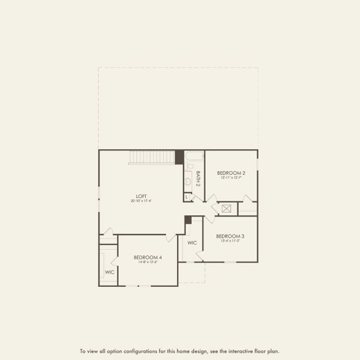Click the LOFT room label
[x=141, y=196]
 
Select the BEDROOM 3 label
[x=230, y=236]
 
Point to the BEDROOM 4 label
[x=148, y=257]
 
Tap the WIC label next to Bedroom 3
[x=192, y=243]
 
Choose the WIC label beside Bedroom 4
[x=110, y=272]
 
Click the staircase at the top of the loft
[x=151, y=157]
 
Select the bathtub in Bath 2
[x=194, y=158]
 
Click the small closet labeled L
[x=187, y=197]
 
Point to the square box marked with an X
[x=227, y=209]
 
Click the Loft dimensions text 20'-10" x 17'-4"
[x=141, y=201]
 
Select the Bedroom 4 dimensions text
[x=148, y=262]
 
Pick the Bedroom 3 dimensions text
[x=230, y=242]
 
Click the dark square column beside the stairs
[x=179, y=157]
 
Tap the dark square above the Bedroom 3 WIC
[x=188, y=220]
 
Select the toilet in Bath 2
[x=188, y=167]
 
